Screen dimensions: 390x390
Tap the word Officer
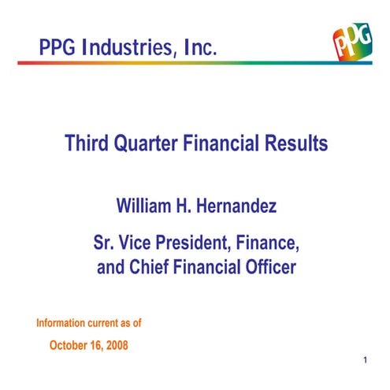point(268,267)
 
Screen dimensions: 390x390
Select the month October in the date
point(71,344)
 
